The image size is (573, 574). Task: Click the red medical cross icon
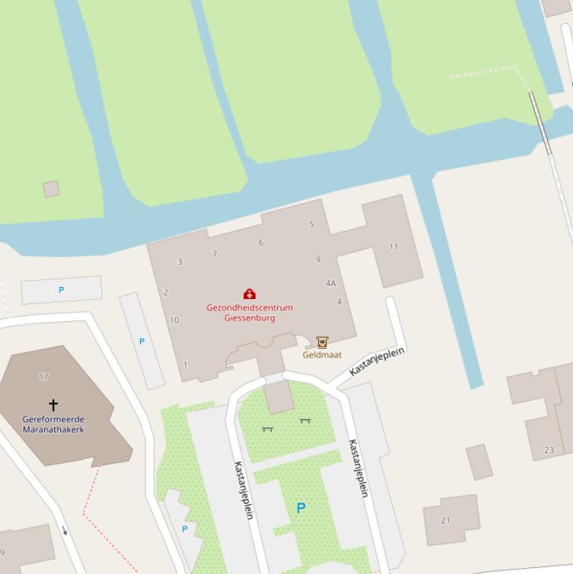[250, 294]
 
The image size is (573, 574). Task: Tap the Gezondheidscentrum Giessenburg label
[250, 312]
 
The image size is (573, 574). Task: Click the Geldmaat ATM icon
[322, 342]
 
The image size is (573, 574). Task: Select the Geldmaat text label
[322, 355]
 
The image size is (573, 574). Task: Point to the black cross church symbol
[53, 405]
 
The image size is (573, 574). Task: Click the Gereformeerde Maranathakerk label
[53, 424]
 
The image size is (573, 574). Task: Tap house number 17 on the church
[44, 377]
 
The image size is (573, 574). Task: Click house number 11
[393, 247]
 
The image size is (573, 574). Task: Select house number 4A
[331, 283]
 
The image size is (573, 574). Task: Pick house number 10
[174, 320]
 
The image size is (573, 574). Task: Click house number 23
[549, 450]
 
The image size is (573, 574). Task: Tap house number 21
[446, 520]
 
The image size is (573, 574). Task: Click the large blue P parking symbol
[301, 508]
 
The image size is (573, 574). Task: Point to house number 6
[261, 242]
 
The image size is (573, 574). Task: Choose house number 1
[186, 365]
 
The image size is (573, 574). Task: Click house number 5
[311, 224]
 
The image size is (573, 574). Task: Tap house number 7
[215, 253]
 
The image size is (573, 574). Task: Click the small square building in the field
[51, 189]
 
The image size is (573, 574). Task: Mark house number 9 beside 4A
[318, 259]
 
